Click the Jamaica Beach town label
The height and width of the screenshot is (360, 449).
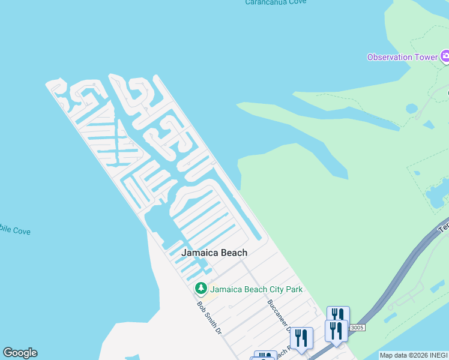[215, 253]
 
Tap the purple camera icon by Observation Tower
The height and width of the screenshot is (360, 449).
[445, 58]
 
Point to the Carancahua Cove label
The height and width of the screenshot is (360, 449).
[276, 2]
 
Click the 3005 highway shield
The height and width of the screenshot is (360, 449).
[357, 327]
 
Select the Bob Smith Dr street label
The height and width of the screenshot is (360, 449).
[209, 317]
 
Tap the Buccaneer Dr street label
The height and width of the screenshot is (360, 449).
[279, 317]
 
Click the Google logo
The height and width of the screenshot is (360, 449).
[20, 353]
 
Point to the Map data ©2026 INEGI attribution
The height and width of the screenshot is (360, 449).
[414, 355]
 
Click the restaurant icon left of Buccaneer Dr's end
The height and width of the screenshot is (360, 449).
[301, 337]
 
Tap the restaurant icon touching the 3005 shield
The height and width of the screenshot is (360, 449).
[337, 330]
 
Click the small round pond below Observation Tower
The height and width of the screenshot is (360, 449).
[411, 109]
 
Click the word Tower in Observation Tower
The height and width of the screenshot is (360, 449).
[425, 58]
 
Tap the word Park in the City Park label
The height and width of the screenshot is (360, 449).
[294, 289]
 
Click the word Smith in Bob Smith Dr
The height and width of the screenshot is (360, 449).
[209, 318]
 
